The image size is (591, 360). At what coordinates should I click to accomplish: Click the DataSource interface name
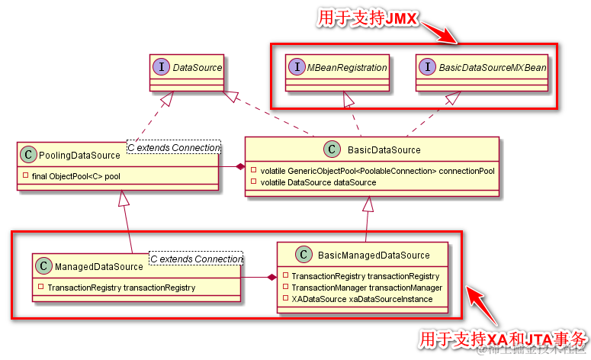[197, 68]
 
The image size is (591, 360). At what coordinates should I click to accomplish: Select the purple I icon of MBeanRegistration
[297, 68]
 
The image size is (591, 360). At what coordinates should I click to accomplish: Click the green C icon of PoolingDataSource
[27, 155]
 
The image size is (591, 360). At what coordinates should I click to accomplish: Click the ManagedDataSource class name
[99, 266]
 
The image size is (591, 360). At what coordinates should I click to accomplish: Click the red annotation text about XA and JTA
[503, 338]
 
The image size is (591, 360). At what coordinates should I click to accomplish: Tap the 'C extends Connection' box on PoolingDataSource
[173, 146]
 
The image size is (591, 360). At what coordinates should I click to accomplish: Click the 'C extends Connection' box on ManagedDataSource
[196, 259]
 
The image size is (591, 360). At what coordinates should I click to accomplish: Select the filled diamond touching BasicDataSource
[239, 166]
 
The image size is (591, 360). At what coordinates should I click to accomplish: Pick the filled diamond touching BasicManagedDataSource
[271, 277]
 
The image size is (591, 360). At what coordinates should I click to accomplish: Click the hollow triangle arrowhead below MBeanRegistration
[348, 98]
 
